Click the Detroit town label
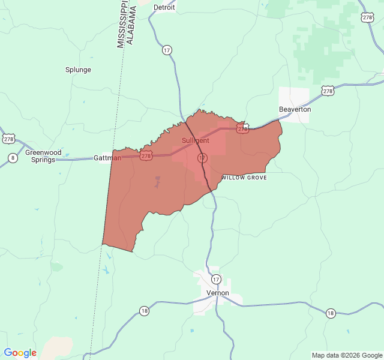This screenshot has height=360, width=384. (164, 7)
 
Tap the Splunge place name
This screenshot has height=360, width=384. (78, 70)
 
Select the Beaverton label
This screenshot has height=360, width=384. (295, 109)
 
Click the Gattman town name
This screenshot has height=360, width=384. (107, 158)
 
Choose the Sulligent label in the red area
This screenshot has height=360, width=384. (196, 140)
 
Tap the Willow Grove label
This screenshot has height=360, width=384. (244, 178)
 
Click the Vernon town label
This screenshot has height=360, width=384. (218, 293)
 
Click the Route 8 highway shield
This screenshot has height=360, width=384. (13, 158)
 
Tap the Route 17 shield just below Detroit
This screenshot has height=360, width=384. (167, 50)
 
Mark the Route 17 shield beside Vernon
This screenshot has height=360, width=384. (216, 279)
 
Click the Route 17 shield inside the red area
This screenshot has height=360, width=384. (202, 157)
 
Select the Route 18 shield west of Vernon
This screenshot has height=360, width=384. (144, 311)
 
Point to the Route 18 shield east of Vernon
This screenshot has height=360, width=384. (331, 313)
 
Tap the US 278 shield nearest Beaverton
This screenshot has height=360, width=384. (327, 91)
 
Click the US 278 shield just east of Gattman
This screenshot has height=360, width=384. (146, 155)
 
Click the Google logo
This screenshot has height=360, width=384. (20, 353)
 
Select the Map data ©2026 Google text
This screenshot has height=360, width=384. (347, 355)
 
